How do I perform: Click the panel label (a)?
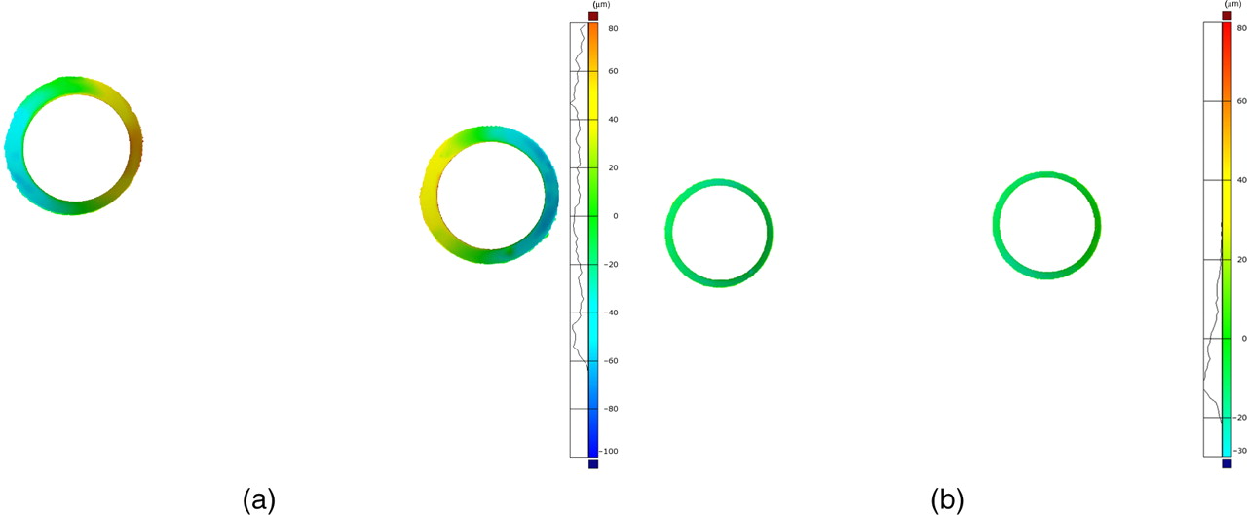click(259, 500)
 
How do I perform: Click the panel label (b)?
click(947, 500)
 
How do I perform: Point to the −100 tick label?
click(610, 451)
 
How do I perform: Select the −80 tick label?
click(611, 409)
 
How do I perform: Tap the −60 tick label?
click(611, 361)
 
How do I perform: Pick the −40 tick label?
click(611, 313)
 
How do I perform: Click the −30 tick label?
click(1241, 451)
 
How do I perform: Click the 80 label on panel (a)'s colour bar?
click(613, 28)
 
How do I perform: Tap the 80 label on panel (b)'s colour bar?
click(1242, 28)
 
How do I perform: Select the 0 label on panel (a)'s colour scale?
click(615, 216)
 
